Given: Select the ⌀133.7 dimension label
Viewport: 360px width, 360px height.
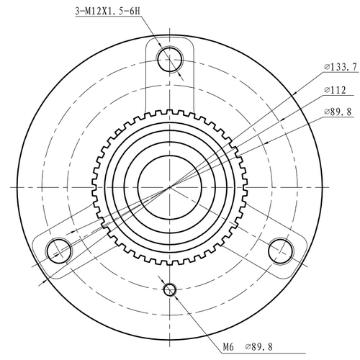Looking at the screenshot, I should tap(341, 67).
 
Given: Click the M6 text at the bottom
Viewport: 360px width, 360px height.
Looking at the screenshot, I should tap(228, 347).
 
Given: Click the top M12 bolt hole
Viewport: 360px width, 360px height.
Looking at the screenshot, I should tap(171, 58).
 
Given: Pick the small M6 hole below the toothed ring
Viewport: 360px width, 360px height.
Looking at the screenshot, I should tap(171, 289).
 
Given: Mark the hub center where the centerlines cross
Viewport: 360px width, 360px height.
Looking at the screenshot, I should tap(171, 186).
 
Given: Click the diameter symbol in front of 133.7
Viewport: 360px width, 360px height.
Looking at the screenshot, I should tap(327, 67).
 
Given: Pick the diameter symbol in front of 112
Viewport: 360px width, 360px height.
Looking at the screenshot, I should tap(327, 90).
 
